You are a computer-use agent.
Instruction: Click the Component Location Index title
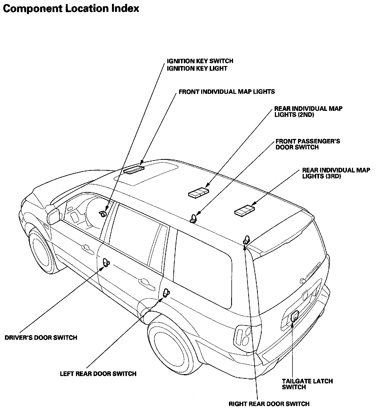(x=71, y=9)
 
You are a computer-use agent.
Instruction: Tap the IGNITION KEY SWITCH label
(x=200, y=61)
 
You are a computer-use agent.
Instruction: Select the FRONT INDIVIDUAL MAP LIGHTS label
(x=227, y=92)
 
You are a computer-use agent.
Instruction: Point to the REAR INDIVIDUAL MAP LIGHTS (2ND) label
(x=308, y=111)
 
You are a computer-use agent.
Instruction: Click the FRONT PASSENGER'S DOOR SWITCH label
(x=308, y=144)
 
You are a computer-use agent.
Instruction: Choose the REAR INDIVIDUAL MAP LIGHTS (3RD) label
(x=336, y=173)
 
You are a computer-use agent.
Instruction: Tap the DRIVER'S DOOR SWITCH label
(x=41, y=337)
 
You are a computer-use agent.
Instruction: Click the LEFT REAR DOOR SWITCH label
(x=98, y=374)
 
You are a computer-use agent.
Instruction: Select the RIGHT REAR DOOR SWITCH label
(x=269, y=404)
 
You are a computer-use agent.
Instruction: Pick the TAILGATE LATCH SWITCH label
(x=307, y=384)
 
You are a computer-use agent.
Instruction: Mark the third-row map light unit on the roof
(x=244, y=211)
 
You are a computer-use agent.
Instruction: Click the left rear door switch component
(x=166, y=293)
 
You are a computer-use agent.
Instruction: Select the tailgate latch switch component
(x=294, y=316)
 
